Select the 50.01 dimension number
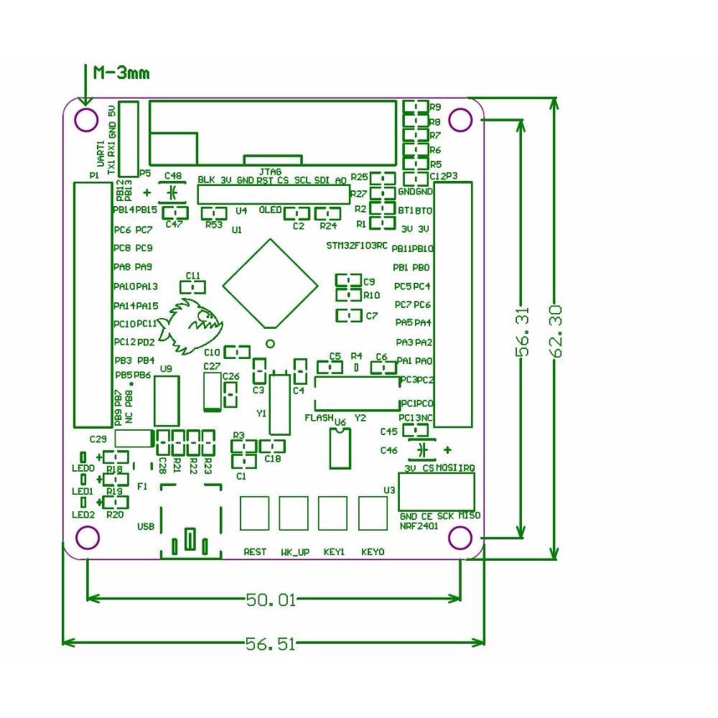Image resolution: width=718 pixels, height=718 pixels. click(271, 600)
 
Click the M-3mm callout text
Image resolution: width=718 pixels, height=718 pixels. click(121, 73)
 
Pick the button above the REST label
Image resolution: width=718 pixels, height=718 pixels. click(255, 513)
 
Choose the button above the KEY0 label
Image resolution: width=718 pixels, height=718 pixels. click(373, 513)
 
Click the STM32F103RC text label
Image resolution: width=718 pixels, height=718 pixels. click(356, 246)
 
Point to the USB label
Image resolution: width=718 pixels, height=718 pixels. click(146, 526)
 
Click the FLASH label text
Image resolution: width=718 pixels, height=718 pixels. click(319, 417)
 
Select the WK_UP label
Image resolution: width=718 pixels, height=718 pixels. click(295, 552)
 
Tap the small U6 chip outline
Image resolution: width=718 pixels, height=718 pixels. click(338, 449)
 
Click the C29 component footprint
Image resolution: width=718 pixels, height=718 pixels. click(134, 439)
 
